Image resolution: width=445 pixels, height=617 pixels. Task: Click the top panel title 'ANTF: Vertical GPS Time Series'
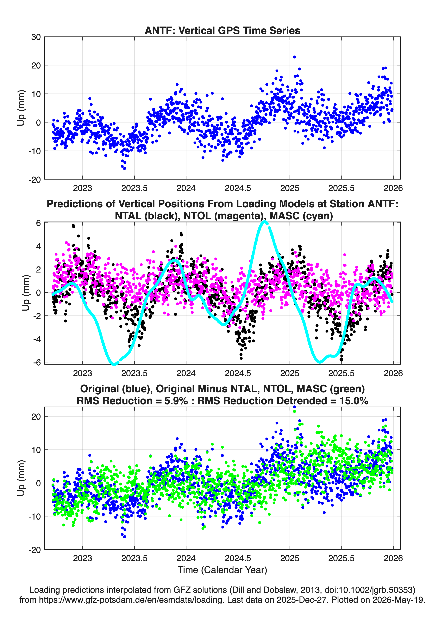tap(222, 30)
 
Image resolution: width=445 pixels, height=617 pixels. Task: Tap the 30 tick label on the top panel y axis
tap(36, 37)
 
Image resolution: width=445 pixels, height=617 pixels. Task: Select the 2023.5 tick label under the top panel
tap(134, 188)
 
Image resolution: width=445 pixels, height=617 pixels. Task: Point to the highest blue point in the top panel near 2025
tap(294, 57)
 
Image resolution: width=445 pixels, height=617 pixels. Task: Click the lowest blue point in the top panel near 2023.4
tap(124, 168)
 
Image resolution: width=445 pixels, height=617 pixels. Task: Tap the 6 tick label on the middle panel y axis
tap(38, 223)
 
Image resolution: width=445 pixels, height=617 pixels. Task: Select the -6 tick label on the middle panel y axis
tap(37, 362)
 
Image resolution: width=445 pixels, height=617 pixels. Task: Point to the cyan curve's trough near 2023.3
tap(114, 364)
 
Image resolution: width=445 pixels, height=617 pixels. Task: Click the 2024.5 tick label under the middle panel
tap(238, 373)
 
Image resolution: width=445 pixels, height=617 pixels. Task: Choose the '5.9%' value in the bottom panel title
tap(176, 401)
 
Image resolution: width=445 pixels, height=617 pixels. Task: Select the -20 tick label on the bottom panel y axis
tap(35, 550)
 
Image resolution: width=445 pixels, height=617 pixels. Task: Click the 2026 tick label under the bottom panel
tap(393, 558)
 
